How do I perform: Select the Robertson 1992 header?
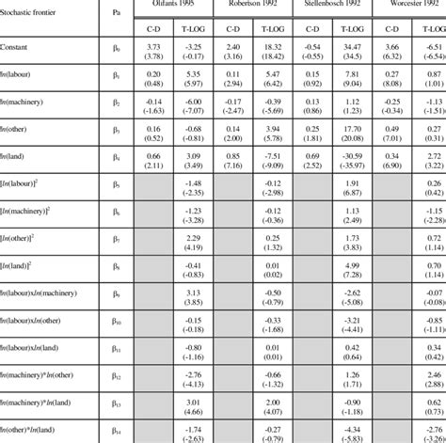[254, 5]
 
